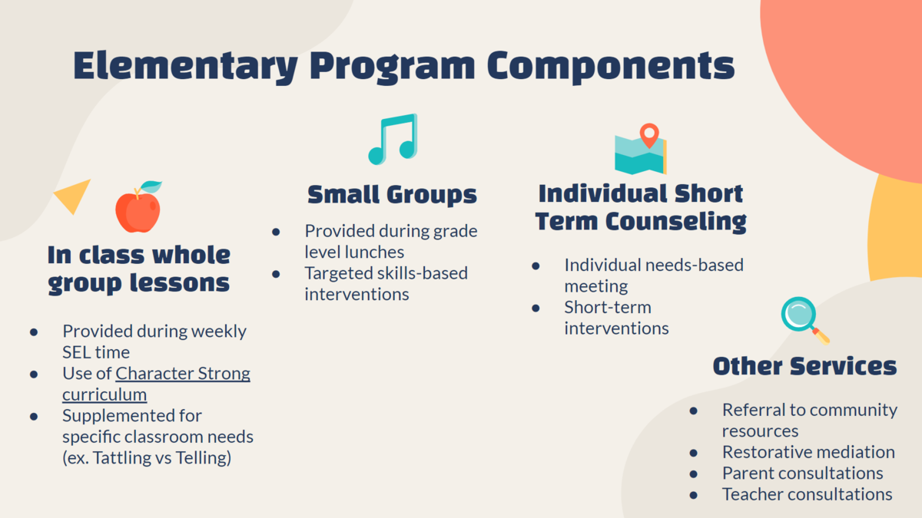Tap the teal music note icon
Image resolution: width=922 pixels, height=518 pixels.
tap(393, 140)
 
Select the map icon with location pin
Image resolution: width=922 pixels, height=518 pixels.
tap(641, 149)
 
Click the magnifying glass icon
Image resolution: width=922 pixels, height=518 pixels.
tap(805, 321)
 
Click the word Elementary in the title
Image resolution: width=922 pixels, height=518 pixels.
tap(186, 67)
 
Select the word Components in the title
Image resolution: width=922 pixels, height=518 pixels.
tap(611, 67)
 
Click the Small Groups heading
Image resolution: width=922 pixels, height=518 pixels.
tap(393, 194)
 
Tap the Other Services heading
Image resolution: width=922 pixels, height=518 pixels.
tap(804, 366)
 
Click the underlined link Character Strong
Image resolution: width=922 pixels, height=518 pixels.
tap(183, 373)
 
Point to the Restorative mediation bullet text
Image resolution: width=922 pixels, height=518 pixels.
tap(808, 452)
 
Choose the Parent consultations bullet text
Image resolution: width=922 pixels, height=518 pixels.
tap(803, 473)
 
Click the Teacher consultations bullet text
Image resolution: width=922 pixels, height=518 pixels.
tap(808, 494)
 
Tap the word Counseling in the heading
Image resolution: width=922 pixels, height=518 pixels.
tap(675, 222)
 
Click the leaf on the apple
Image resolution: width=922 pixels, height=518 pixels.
tap(151, 186)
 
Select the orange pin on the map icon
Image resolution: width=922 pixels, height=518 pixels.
tap(649, 135)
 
